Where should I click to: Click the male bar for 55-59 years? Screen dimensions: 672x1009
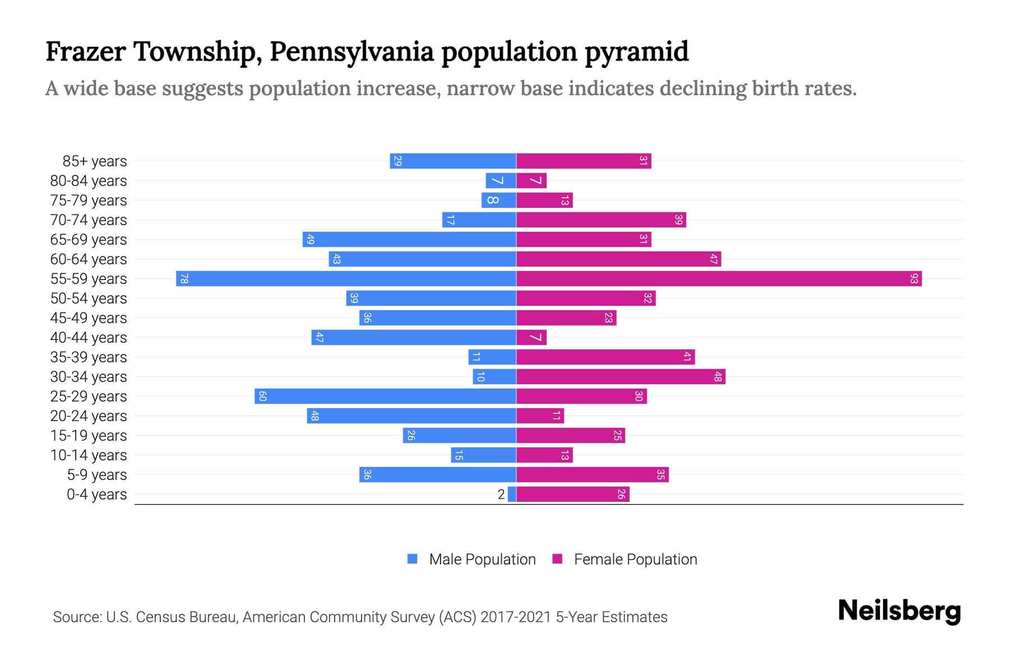tap(346, 279)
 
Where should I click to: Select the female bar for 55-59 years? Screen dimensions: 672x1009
tap(719, 279)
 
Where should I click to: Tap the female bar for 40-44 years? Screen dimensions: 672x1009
tap(531, 338)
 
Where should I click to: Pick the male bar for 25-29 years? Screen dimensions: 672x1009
tap(385, 396)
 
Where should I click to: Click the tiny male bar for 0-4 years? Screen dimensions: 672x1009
tap(512, 494)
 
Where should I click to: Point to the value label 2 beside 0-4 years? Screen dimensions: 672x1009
tap(501, 494)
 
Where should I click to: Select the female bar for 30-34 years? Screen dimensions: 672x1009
tap(621, 377)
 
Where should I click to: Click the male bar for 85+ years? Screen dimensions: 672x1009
tap(453, 161)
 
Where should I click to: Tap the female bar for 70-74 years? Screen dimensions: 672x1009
tap(601, 220)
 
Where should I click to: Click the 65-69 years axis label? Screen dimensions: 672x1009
tap(89, 240)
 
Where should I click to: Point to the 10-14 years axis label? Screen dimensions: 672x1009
tap(89, 455)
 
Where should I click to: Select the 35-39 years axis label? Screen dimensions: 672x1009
tap(89, 357)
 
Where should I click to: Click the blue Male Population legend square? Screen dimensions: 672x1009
tap(413, 559)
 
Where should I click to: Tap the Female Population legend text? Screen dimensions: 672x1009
tap(635, 559)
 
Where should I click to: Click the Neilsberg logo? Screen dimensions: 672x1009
tap(899, 611)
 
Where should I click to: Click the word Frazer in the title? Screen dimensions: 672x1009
tap(86, 52)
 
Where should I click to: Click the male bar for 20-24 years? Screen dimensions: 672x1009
tap(411, 416)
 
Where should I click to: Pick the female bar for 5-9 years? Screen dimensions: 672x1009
tap(592, 475)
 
